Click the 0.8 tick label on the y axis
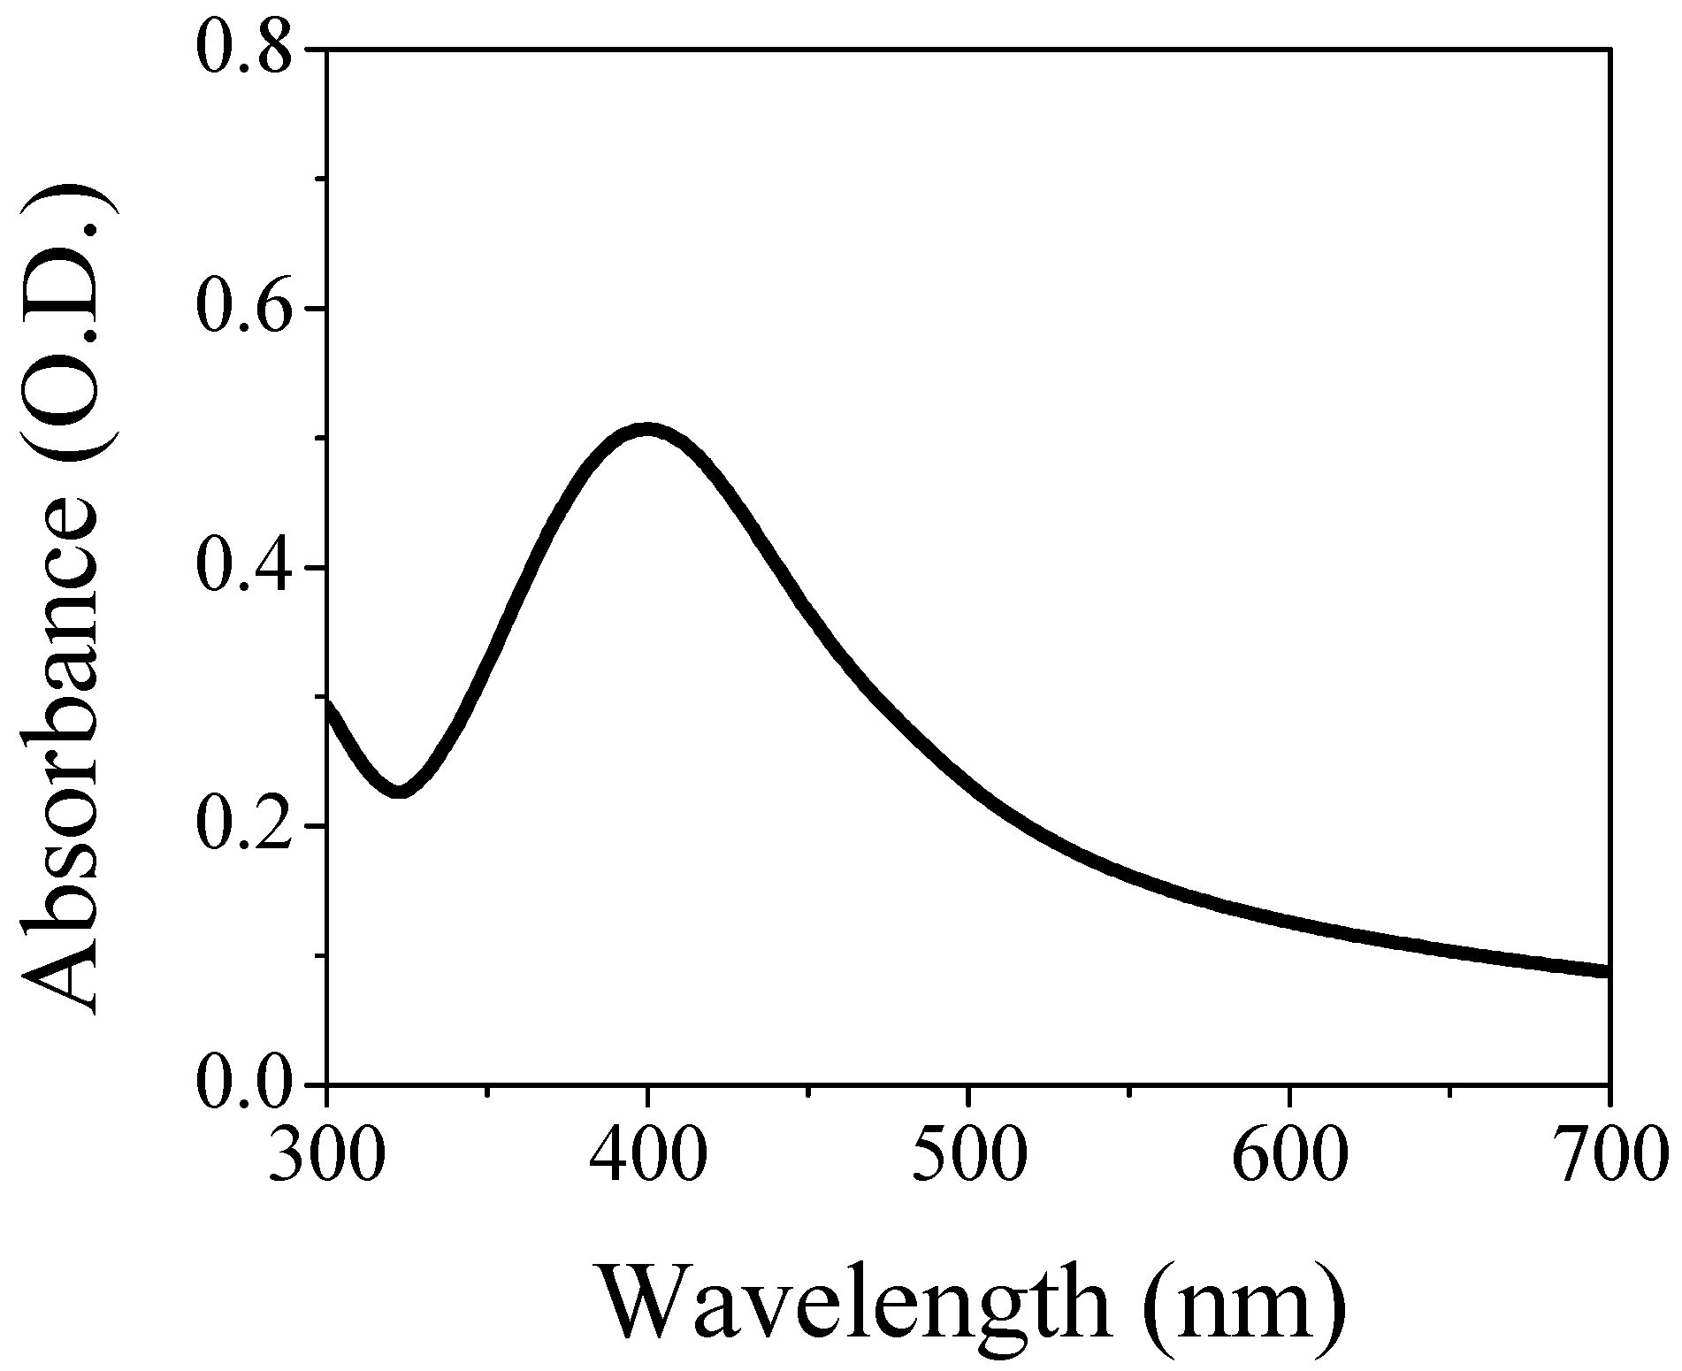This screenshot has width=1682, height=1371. [x=242, y=50]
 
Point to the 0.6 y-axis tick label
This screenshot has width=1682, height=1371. [x=242, y=310]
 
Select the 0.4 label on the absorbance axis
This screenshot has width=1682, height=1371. [x=242, y=568]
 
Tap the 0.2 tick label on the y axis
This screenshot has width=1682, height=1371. [x=242, y=827]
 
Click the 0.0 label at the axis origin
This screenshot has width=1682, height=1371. [x=242, y=1084]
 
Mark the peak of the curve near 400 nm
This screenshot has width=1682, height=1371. [x=647, y=431]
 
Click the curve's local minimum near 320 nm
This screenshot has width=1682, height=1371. [x=400, y=790]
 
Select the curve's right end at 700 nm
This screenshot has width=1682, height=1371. [x=1607, y=971]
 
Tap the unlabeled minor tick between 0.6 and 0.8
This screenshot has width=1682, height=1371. [x=320, y=180]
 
